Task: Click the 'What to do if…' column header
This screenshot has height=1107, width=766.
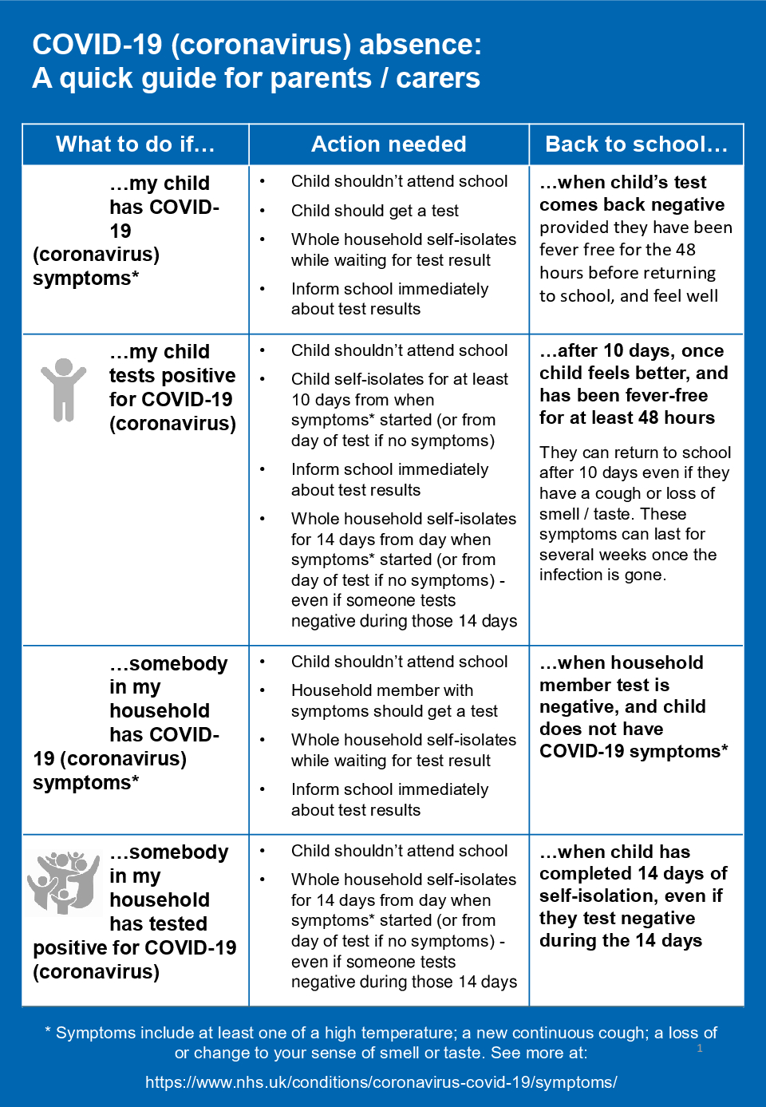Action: (x=135, y=144)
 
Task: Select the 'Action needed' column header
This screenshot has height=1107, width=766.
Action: (x=389, y=144)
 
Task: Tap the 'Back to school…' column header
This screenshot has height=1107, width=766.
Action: (x=636, y=144)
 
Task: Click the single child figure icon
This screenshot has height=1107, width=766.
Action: (x=63, y=389)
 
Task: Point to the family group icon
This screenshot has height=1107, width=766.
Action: (x=63, y=882)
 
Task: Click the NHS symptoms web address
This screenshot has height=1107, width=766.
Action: (x=381, y=1082)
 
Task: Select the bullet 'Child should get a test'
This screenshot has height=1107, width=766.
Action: (x=374, y=211)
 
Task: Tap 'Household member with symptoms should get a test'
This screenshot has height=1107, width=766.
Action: (x=393, y=701)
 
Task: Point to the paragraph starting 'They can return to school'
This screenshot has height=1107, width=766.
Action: (x=634, y=513)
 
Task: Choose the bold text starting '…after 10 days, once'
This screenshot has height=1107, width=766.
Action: (x=633, y=384)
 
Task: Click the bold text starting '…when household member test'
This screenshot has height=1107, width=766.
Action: (x=633, y=707)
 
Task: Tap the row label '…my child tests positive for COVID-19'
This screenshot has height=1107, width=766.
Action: (x=172, y=388)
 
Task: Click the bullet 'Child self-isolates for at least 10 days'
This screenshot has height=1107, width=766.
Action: (x=399, y=409)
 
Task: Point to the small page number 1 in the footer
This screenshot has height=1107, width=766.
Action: (x=700, y=1048)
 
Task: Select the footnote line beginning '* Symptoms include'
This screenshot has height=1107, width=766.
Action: (x=381, y=1033)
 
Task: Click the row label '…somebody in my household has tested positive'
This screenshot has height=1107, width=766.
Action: (x=136, y=911)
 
